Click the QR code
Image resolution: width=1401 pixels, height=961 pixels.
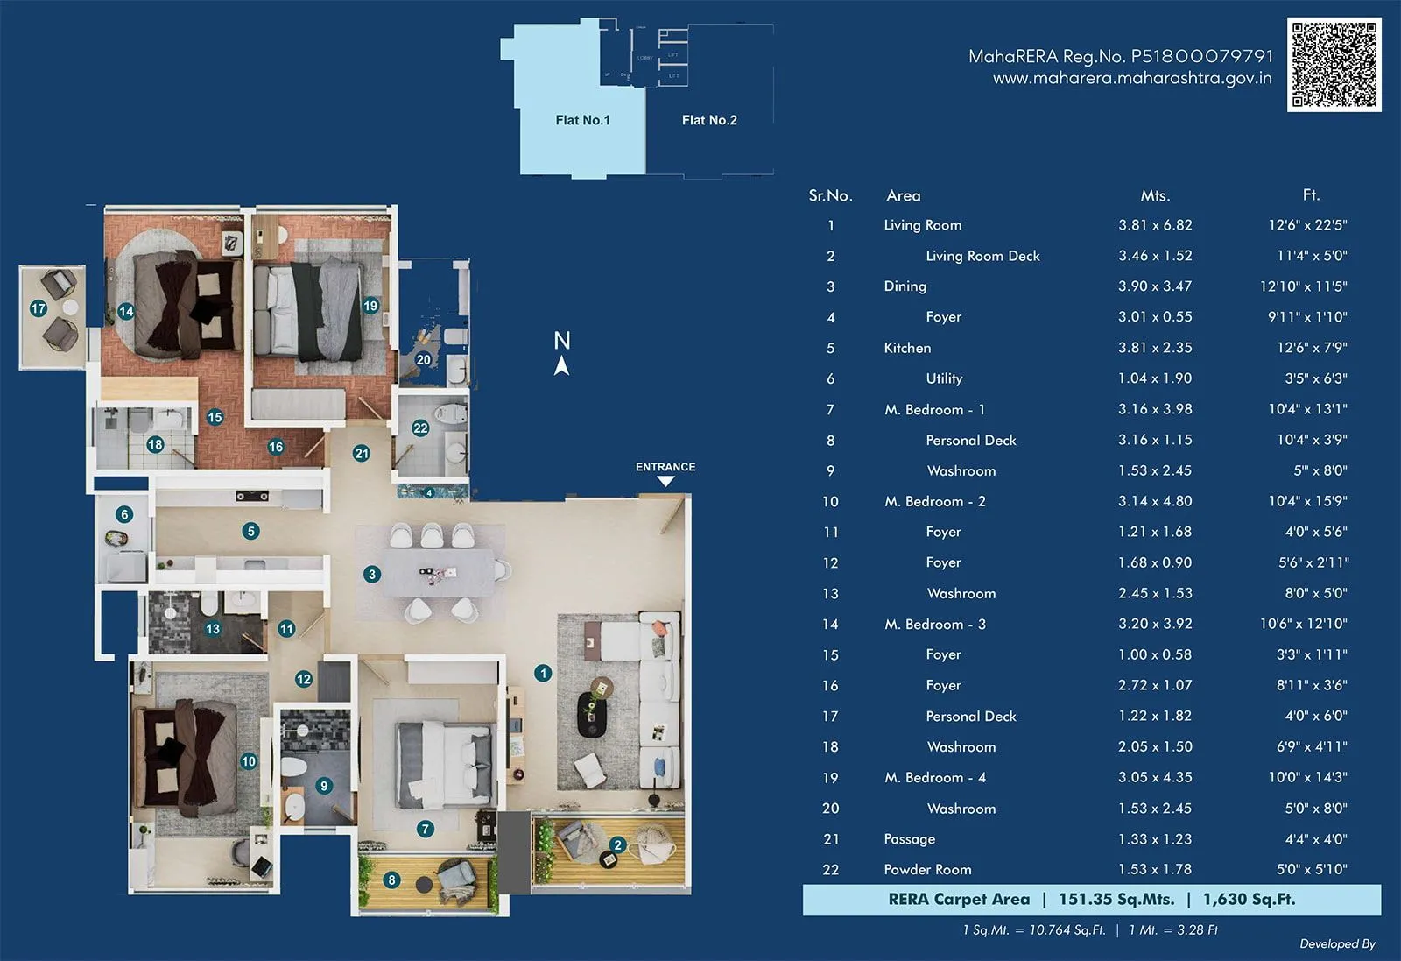pos(1334,65)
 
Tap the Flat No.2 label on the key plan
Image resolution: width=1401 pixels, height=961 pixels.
pos(709,120)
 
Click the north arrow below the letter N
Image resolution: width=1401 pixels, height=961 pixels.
pos(562,366)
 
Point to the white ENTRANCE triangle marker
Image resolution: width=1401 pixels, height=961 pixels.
pos(665,481)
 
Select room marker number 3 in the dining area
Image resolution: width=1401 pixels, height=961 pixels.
pos(372,575)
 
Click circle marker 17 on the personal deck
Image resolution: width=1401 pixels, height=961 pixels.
pos(39,308)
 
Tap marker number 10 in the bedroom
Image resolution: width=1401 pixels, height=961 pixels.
pos(249,761)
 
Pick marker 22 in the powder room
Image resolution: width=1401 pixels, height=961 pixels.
pos(420,428)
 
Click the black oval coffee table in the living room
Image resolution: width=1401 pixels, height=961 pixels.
pos(592,714)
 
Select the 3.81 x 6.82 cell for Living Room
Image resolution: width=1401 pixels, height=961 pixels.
pos(1155,225)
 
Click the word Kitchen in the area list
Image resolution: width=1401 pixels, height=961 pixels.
pos(907,348)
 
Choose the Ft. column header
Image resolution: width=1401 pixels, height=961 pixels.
pos(1310,195)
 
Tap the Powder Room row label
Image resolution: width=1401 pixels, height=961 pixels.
pos(927,870)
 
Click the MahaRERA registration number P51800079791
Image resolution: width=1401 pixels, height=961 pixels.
pos(1202,56)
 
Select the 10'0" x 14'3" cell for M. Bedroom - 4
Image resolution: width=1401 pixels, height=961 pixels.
pos(1307,778)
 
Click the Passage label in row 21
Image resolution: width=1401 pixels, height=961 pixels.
pos(909,839)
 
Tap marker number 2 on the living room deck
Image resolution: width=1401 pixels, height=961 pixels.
pos(618,845)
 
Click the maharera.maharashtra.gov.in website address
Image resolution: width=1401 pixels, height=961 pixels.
pos(1131,79)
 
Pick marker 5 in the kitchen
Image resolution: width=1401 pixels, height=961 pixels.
pos(251,531)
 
